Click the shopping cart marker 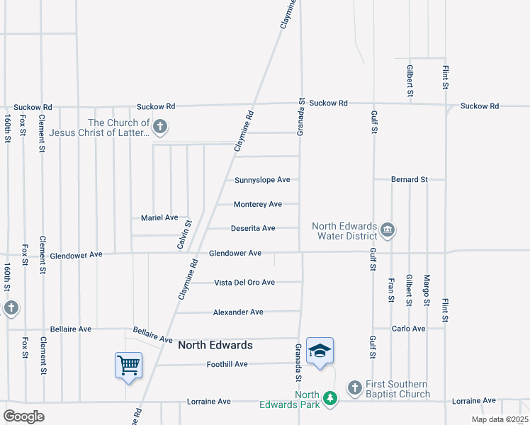128,365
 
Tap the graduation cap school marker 320,351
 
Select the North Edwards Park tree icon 329,399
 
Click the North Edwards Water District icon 388,229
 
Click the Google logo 23,416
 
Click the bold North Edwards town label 215,345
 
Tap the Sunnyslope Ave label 262,180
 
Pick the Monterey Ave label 258,204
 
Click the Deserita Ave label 253,228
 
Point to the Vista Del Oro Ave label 244,282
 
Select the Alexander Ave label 238,312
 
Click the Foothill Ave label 227,364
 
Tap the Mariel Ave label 159,217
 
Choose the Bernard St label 410,180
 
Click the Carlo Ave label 409,329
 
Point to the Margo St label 427,290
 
